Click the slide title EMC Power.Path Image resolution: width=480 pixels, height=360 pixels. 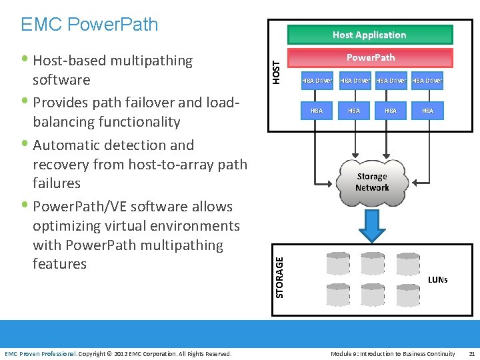(89, 25)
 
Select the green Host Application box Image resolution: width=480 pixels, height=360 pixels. (369, 35)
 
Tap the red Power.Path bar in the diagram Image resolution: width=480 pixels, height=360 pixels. (369, 58)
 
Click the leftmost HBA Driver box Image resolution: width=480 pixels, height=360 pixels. (317, 81)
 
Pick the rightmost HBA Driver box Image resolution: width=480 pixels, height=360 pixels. (427, 81)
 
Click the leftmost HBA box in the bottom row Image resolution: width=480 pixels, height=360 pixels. (317, 111)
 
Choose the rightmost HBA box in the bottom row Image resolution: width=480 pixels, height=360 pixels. (427, 111)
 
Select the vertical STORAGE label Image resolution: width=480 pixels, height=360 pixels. (279, 268)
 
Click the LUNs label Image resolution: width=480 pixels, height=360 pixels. (437, 279)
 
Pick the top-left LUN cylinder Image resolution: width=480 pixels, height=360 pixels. (337, 264)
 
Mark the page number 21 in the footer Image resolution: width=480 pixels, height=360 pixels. (471, 353)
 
